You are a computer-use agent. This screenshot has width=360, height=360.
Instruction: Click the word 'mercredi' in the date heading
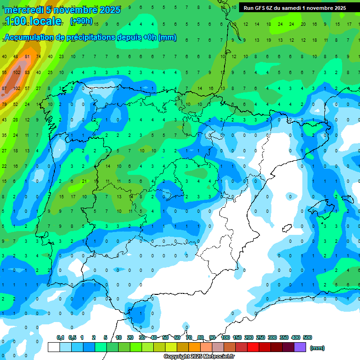(22, 10)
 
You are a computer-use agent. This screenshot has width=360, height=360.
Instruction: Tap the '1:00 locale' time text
(33, 21)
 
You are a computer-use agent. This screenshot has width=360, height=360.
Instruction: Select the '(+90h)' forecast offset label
(81, 21)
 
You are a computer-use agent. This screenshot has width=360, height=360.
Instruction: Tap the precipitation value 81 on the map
(27, 57)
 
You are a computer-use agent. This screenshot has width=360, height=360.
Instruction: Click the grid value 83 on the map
(27, 72)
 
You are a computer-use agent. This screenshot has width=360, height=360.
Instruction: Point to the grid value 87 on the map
(4, 88)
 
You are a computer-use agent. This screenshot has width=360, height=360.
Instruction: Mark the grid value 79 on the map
(4, 104)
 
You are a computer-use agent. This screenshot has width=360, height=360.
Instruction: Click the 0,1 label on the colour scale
(60, 337)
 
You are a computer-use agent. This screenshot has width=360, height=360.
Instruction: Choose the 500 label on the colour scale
(307, 337)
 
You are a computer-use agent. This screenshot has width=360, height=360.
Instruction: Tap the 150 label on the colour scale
(237, 337)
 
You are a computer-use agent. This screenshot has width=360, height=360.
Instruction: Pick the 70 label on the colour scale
(189, 337)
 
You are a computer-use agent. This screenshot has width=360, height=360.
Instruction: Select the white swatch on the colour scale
(54, 347)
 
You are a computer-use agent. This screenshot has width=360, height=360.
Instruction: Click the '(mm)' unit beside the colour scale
(317, 348)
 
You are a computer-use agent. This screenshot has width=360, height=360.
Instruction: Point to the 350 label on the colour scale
(284, 337)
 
